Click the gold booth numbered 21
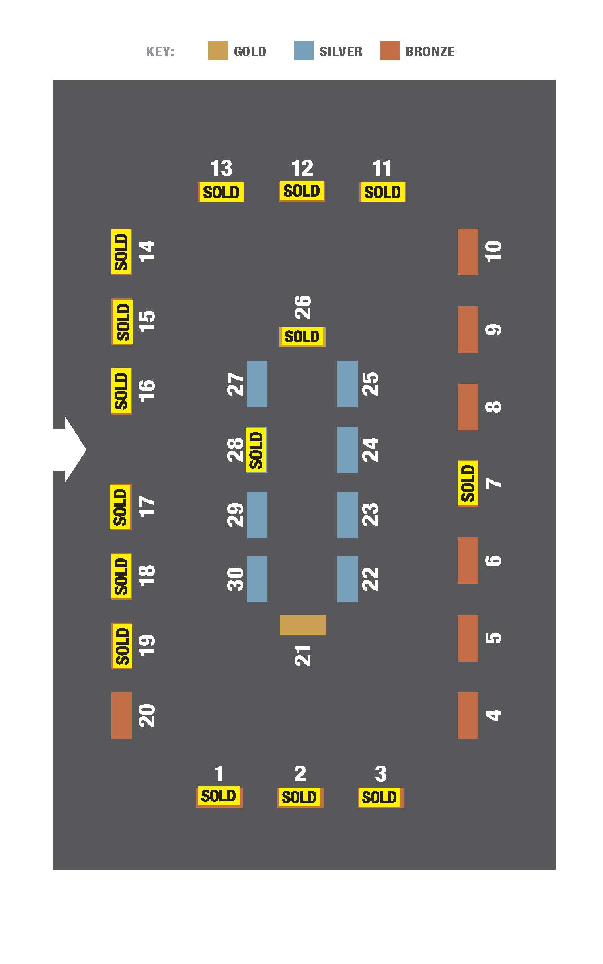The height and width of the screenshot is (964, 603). tap(303, 625)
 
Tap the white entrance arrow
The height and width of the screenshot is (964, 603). tap(70, 449)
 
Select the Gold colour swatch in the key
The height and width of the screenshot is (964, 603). tap(217, 51)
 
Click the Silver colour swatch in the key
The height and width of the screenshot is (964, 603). tap(304, 51)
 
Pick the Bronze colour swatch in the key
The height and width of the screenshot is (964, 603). tap(390, 51)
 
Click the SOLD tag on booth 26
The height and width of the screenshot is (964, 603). tap(302, 336)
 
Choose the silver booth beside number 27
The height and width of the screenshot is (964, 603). tap(257, 384)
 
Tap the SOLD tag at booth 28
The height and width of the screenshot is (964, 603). tap(256, 450)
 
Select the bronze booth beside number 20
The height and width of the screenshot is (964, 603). tap(121, 715)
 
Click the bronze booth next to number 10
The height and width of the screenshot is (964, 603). tap(468, 252)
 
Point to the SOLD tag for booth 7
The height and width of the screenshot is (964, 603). tap(468, 484)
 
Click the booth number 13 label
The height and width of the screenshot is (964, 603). tap(222, 168)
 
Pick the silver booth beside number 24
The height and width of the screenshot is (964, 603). tap(347, 450)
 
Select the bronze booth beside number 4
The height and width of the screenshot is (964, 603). tap(468, 715)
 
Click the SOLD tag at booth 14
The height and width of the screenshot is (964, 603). tap(121, 252)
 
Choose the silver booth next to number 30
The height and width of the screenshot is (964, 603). tap(257, 579)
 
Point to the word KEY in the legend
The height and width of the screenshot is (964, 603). tap(159, 52)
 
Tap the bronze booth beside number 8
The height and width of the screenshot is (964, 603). tap(468, 407)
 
